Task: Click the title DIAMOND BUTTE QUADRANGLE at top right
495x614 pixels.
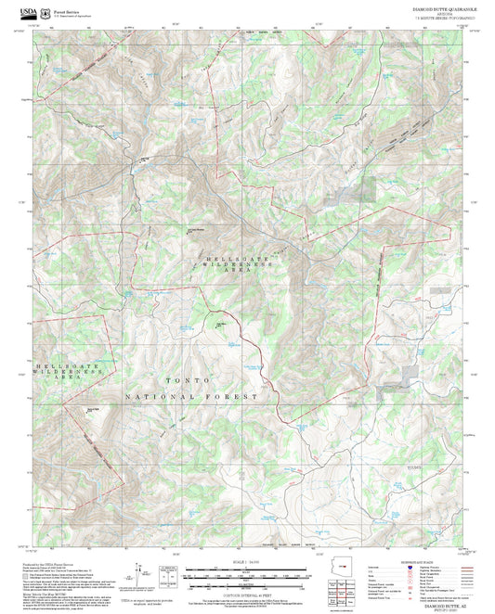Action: pos(445,6)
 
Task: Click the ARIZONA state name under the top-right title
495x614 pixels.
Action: pos(445,12)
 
